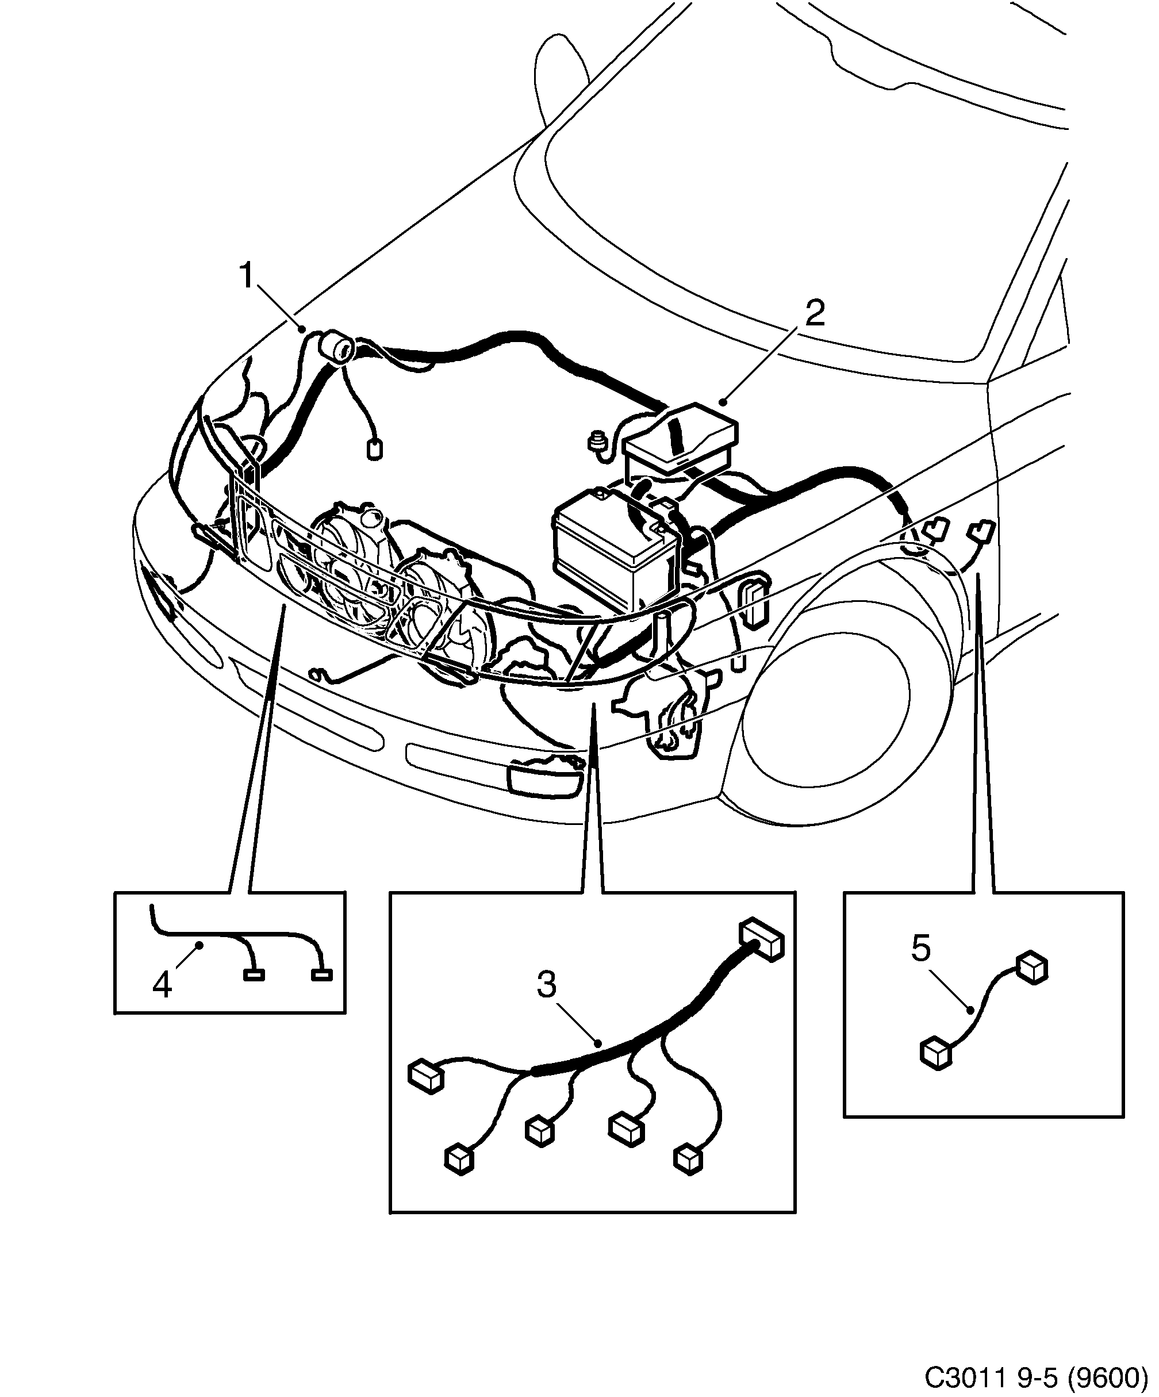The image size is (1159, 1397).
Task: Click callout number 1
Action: tap(246, 275)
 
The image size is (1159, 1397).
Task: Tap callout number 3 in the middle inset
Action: tap(546, 985)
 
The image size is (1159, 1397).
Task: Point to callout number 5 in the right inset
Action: tap(920, 948)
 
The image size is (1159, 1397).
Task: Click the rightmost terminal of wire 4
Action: tap(322, 975)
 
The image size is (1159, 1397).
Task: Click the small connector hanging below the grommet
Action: tap(375, 450)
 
